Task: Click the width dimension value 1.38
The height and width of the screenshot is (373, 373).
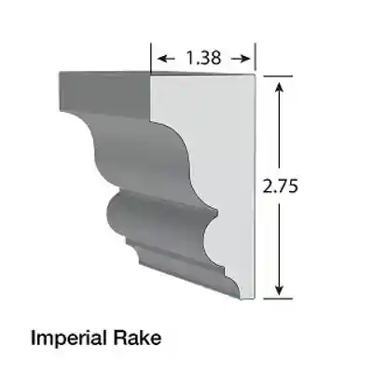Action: (203, 59)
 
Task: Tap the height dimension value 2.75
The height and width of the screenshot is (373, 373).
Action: (280, 186)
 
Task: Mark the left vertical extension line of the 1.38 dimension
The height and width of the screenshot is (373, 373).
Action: (152, 59)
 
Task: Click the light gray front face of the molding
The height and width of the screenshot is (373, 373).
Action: (219, 168)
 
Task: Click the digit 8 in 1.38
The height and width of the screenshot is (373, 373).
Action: (219, 59)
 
